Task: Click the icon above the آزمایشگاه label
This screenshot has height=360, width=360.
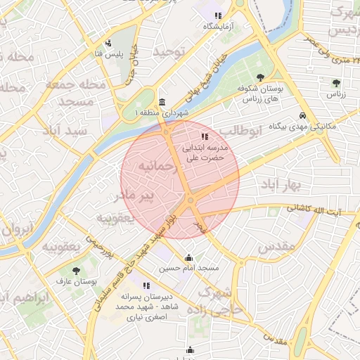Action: (218, 15)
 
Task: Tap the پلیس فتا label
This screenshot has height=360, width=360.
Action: (109, 53)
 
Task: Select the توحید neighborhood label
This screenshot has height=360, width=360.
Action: (173, 52)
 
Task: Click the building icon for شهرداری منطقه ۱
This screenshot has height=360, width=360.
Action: (163, 102)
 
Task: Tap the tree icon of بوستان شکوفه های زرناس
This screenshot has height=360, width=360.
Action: (261, 77)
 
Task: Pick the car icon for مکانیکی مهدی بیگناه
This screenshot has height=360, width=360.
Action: (302, 115)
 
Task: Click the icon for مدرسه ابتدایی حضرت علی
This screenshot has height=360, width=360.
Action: (204, 136)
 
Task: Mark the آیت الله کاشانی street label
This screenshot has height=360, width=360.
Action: (313, 210)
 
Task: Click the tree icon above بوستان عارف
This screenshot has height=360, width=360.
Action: (76, 270)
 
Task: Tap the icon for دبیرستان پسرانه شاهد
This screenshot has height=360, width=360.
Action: (146, 285)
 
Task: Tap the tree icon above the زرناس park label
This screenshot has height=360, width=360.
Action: (335, 83)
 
